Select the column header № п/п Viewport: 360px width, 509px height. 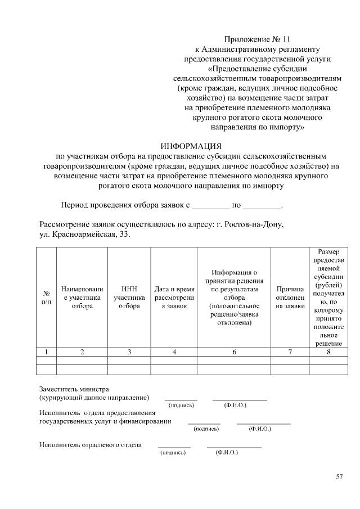[x=46, y=298]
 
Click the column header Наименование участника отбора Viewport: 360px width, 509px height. [x=82, y=298]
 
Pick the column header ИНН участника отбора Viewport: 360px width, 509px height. [x=129, y=298]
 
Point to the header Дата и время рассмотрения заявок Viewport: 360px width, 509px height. [x=174, y=298]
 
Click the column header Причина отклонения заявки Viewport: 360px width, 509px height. [x=290, y=298]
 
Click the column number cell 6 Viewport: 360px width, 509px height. [x=234, y=352]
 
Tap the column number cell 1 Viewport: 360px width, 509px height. [x=46, y=352]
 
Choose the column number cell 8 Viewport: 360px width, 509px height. [x=328, y=352]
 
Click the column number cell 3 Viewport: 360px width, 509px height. [x=129, y=352]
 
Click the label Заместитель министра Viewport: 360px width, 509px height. [x=74, y=389]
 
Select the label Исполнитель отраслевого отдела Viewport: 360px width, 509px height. [x=90, y=445]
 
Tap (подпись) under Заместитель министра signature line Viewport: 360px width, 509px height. [x=181, y=405]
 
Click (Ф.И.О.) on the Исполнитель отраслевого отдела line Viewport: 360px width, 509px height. [x=227, y=452]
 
